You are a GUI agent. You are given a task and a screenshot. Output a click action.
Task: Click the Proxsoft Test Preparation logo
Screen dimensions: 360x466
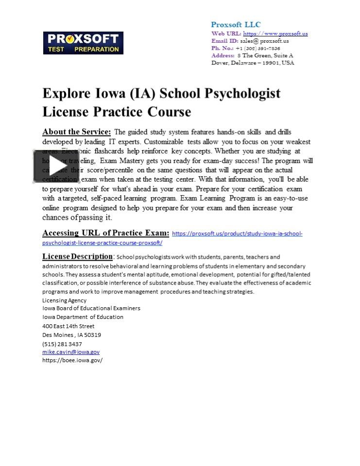(83, 43)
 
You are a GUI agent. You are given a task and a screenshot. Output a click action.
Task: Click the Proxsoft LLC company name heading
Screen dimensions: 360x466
(236, 25)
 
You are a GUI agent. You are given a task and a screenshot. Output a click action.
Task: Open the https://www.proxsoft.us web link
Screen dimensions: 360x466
(275, 33)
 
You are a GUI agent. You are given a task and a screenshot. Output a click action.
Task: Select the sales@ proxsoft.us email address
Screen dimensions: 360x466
(264, 41)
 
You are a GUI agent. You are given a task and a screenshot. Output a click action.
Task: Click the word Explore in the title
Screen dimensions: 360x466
(66, 93)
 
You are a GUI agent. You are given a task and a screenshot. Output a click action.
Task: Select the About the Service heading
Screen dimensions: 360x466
(76, 132)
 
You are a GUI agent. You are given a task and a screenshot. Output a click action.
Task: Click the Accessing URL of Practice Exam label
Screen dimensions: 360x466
(105, 233)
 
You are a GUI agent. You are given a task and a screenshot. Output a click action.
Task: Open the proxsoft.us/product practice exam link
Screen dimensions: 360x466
(237, 233)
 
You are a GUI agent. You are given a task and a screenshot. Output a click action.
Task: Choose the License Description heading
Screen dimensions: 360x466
(77, 256)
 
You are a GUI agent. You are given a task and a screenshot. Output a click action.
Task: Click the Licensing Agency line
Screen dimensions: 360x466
(64, 300)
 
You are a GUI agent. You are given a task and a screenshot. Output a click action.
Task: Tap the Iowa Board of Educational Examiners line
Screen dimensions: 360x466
(91, 308)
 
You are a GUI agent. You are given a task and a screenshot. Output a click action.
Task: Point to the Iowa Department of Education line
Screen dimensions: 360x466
(83, 317)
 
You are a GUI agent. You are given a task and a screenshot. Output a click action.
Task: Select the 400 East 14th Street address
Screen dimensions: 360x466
(68, 326)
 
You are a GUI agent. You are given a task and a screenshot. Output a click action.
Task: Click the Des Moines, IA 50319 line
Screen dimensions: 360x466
(71, 334)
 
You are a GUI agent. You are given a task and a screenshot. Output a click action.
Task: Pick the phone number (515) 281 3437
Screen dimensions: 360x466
(62, 344)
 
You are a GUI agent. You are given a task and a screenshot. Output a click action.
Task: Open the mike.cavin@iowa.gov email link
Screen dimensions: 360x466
(71, 352)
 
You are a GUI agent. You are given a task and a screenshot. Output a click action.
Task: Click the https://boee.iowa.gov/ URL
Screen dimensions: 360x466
(72, 360)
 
